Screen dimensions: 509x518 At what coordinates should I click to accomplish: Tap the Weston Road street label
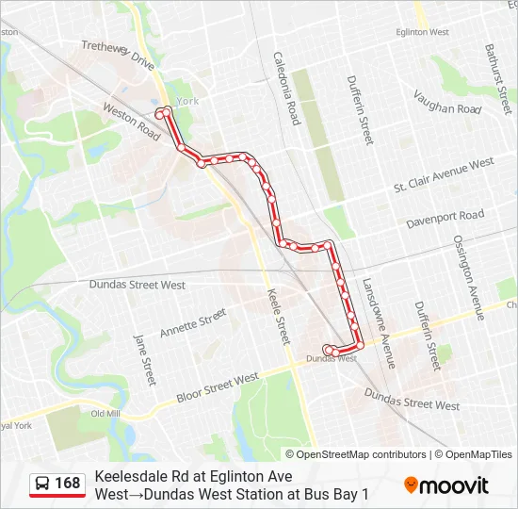click(x=133, y=123)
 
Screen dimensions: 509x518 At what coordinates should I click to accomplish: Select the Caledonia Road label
click(x=286, y=88)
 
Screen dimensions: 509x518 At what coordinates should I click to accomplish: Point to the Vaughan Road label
click(x=447, y=103)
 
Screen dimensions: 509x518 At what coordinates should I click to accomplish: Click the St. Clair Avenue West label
click(x=444, y=176)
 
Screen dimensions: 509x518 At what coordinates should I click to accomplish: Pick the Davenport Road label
click(x=445, y=220)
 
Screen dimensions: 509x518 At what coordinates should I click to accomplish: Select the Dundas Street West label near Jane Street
click(x=137, y=284)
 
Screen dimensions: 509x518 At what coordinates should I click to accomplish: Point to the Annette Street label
click(x=193, y=324)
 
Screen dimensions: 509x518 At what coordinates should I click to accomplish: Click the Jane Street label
click(x=144, y=358)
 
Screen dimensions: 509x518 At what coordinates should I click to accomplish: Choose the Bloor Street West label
click(x=218, y=388)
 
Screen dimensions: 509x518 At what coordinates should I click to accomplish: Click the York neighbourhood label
click(x=187, y=100)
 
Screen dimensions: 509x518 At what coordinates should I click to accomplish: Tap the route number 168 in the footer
click(x=67, y=484)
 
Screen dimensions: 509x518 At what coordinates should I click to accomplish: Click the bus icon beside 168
click(x=42, y=484)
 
